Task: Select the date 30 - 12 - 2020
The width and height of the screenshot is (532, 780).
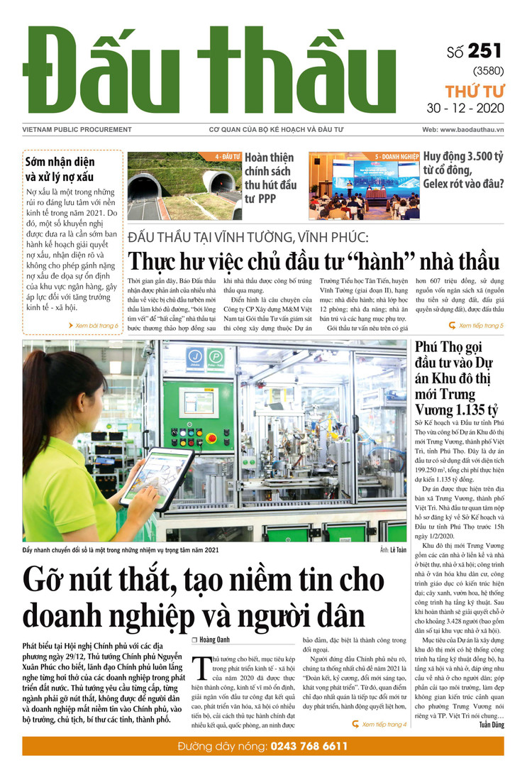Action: (475, 109)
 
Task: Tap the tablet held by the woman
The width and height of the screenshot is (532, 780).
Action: (157, 478)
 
